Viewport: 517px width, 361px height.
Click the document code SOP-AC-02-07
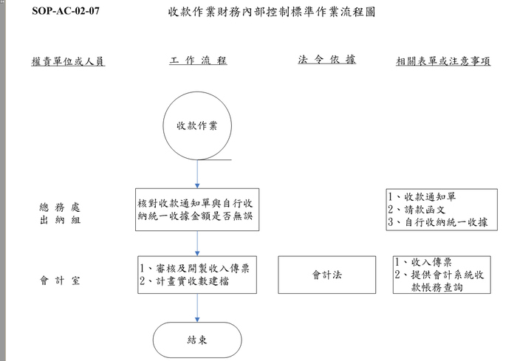coord(66,11)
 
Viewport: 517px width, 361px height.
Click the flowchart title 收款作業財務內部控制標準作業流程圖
coord(272,12)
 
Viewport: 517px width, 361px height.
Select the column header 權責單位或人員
coord(68,61)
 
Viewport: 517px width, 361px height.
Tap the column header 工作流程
coord(198,61)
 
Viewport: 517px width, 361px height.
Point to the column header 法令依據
coord(326,59)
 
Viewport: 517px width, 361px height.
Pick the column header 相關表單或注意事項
coord(443,61)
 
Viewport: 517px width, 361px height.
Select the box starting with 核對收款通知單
coord(197,210)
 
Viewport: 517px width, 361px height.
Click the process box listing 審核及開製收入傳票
coord(197,275)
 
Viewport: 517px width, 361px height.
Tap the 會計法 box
coord(326,275)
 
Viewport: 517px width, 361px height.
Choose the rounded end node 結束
coord(197,340)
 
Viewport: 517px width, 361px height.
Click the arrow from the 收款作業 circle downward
coord(197,174)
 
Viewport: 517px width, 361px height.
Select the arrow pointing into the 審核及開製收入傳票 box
coord(197,244)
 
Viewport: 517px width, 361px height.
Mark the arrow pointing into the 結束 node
coord(197,308)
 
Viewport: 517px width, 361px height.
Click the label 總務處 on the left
coord(60,207)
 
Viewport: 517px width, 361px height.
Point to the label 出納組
coord(60,220)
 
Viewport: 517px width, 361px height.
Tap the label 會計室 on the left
coord(60,281)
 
